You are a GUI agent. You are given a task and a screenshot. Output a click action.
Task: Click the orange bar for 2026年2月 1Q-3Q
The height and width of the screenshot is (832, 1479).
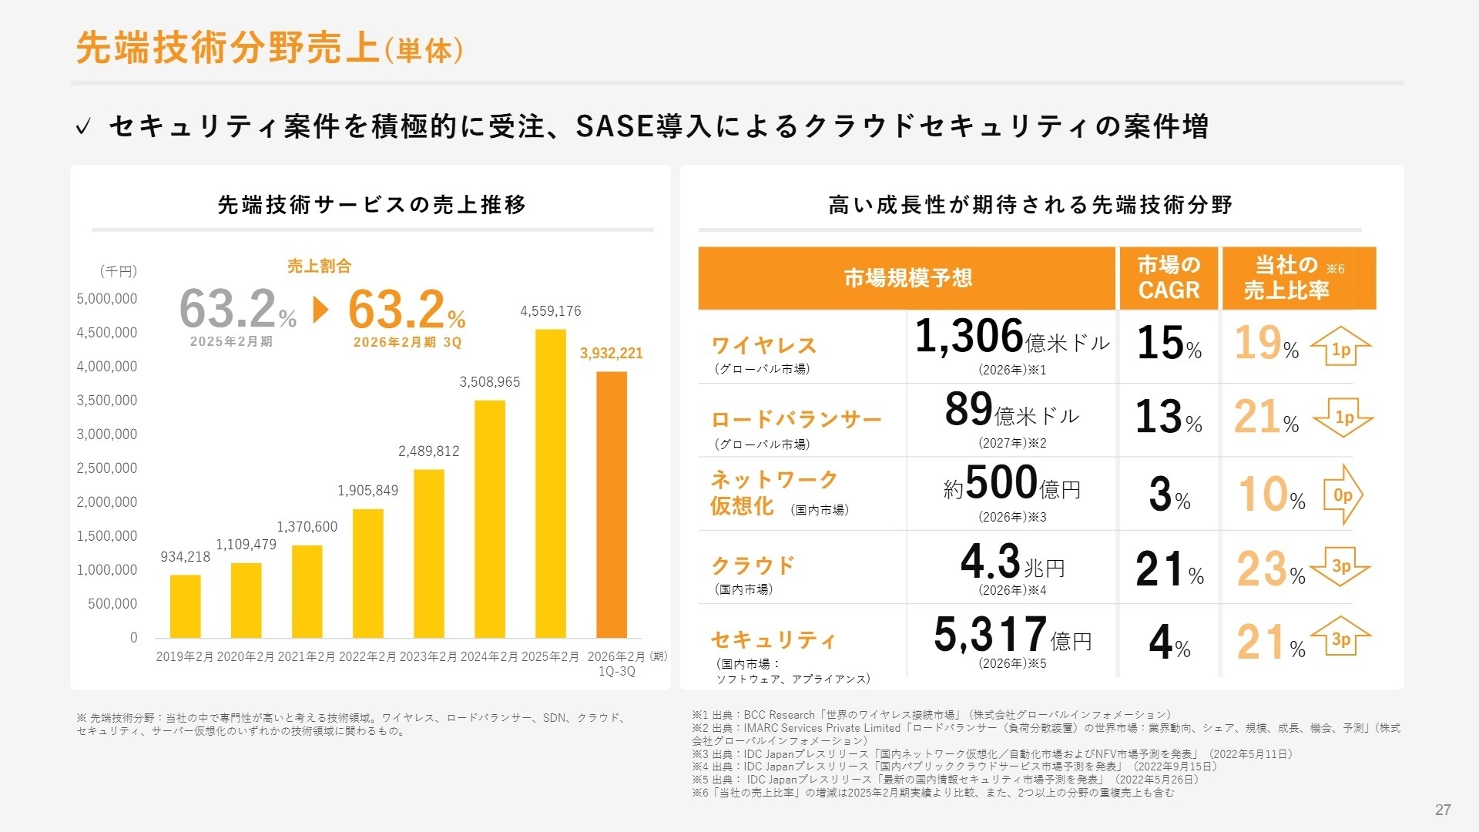[611, 505]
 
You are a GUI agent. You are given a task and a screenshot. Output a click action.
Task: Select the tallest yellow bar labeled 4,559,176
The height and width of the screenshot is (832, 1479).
[550, 484]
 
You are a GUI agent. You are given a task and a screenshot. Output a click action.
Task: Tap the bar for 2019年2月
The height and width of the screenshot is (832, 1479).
[185, 606]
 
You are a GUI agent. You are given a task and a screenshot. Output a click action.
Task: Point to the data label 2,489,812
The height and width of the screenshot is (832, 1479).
[428, 451]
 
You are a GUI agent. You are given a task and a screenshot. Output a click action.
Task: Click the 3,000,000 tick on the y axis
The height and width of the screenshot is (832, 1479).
[106, 434]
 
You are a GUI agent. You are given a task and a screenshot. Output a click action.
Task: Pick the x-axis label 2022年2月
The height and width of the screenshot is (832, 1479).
[367, 657]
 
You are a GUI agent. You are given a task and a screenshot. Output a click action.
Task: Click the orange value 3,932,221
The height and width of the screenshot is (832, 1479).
[611, 354]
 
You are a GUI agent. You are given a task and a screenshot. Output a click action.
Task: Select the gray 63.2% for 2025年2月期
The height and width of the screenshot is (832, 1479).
[237, 310]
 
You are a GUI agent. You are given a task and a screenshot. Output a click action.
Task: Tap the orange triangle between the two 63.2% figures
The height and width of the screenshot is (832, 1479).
[321, 310]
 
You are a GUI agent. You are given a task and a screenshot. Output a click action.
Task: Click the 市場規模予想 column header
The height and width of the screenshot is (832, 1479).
[907, 278]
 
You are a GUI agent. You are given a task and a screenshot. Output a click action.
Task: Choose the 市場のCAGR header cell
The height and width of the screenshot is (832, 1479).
[1169, 278]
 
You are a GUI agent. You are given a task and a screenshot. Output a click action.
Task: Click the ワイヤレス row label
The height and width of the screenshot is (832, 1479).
[763, 345]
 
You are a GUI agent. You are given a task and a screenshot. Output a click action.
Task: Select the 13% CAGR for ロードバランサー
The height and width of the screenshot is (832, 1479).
[1168, 418]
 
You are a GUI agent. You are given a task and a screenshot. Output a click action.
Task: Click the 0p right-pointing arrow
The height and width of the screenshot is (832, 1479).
[1343, 495]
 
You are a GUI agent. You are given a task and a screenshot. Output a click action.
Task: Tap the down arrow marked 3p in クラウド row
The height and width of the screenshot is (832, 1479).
[1341, 567]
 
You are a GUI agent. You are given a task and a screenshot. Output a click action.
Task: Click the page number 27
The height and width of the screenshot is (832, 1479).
[1443, 810]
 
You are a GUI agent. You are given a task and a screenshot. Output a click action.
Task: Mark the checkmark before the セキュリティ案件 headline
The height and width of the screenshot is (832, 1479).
[83, 126]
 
